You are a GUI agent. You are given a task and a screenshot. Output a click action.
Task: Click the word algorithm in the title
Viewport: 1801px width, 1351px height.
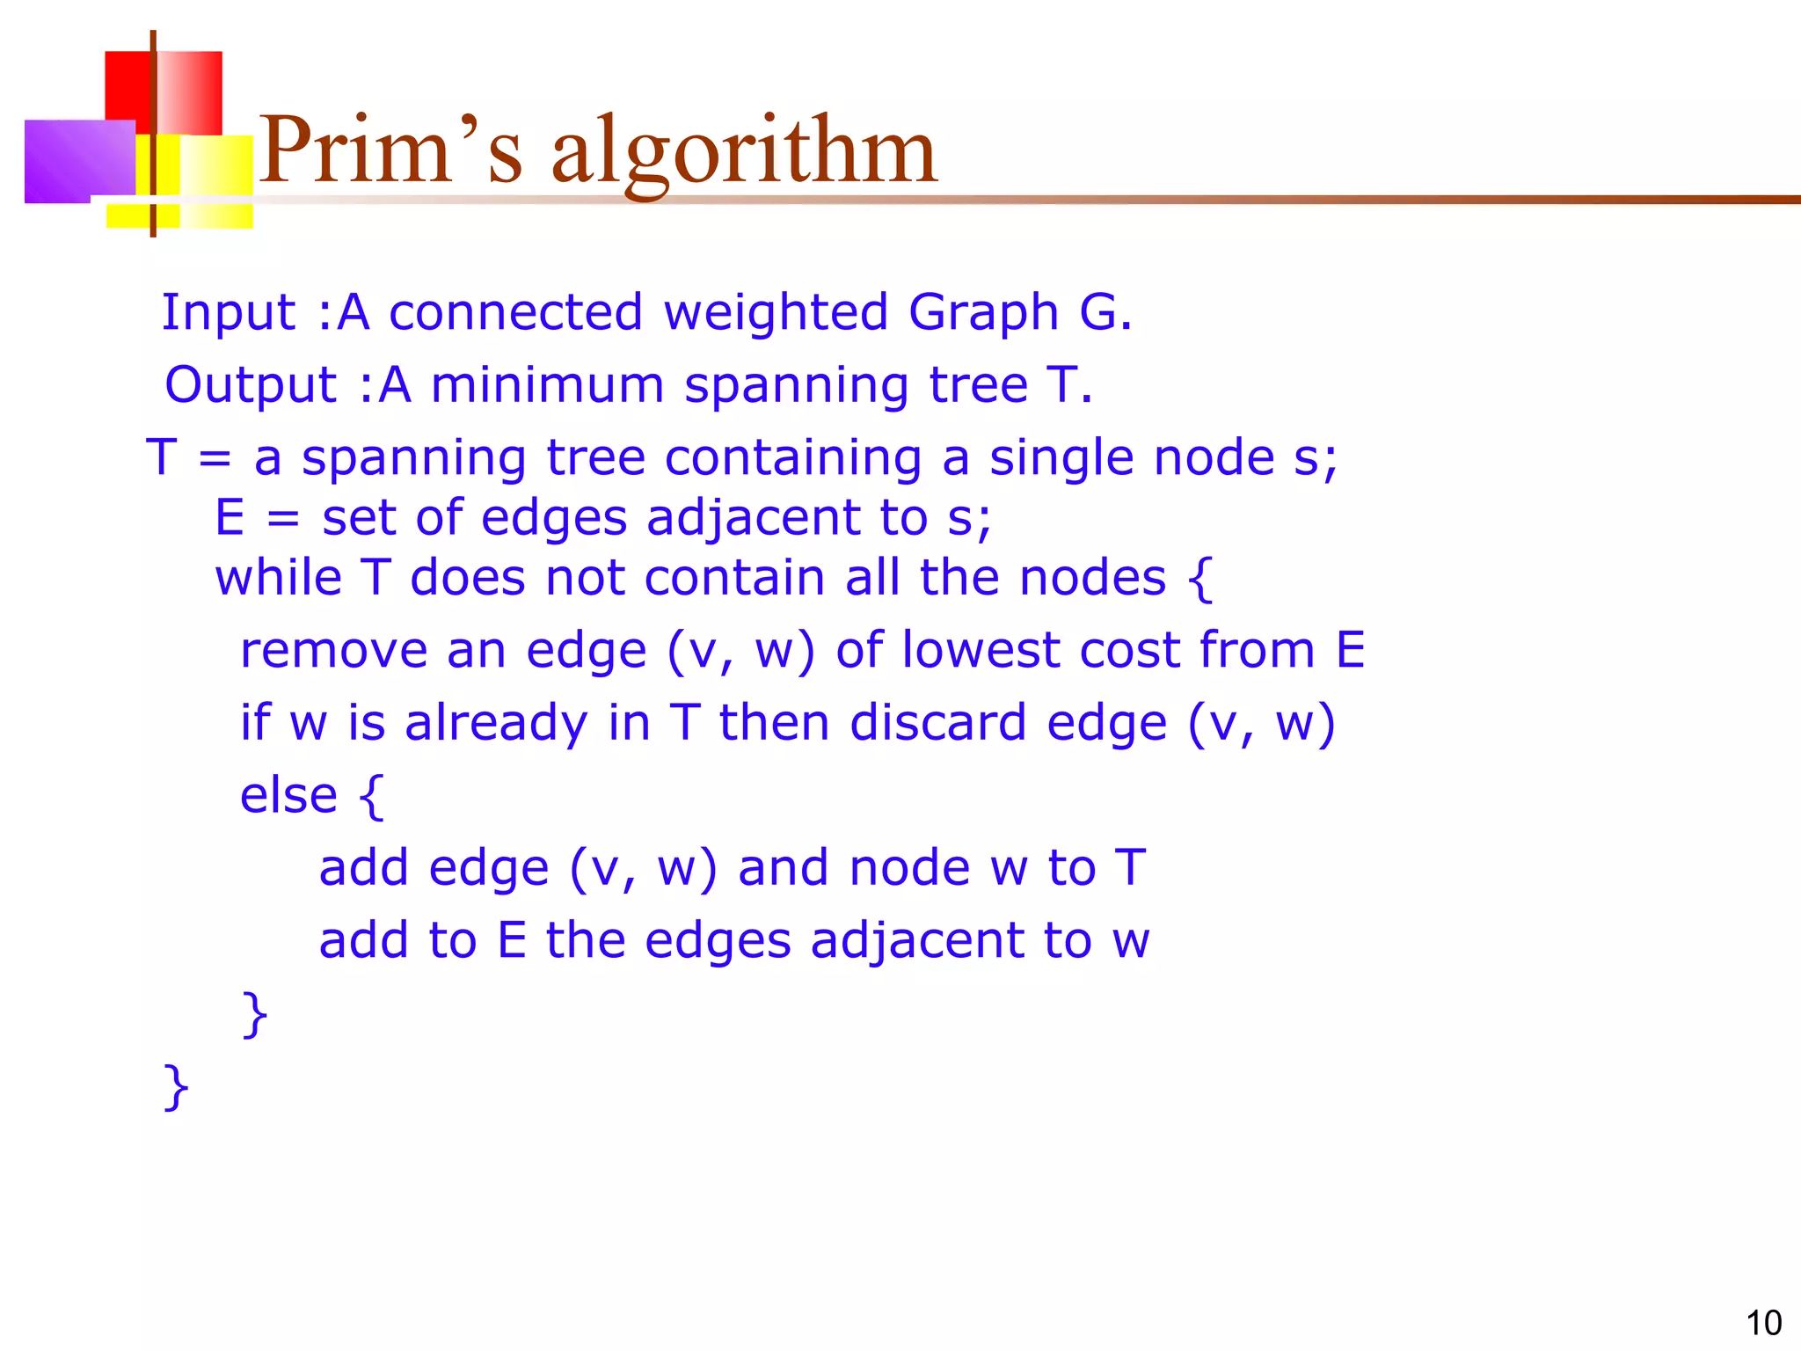click(x=744, y=154)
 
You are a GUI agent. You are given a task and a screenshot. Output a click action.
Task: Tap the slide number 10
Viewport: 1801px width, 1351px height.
click(x=1763, y=1323)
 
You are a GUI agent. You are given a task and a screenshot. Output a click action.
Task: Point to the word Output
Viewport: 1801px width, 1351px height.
click(x=251, y=385)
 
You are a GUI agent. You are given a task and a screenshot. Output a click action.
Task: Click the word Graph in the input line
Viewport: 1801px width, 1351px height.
click(x=983, y=313)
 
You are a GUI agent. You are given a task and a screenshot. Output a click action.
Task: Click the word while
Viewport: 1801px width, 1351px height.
click(x=278, y=578)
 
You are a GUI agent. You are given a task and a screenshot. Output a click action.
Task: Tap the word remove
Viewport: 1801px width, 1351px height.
click(x=333, y=651)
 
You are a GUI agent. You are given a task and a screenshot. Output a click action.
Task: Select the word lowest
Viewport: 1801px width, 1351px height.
click(x=981, y=651)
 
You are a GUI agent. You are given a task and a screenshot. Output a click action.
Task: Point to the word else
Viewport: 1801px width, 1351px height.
click(x=288, y=795)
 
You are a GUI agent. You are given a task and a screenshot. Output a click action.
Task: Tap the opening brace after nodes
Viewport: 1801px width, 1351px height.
click(x=1200, y=580)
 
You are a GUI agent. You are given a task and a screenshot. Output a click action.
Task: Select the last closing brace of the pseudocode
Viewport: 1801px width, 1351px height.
click(x=176, y=1088)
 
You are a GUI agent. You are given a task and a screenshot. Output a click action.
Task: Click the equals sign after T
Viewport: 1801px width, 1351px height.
click(x=215, y=459)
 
